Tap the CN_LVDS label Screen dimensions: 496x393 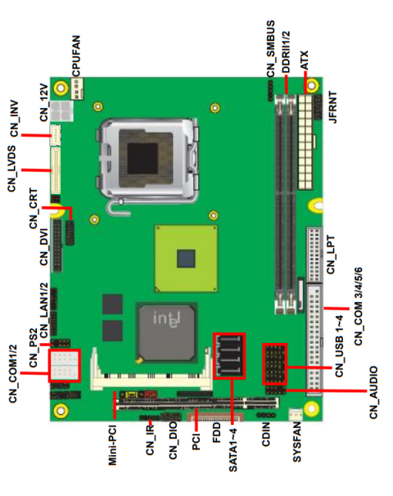tap(13, 169)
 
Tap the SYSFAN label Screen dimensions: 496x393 tap(296, 447)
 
